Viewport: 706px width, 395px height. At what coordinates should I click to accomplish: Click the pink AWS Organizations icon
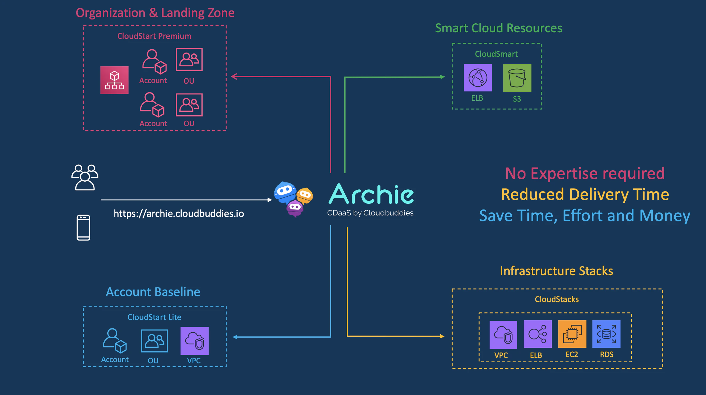click(x=114, y=80)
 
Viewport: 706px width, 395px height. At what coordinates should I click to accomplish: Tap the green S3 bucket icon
click(x=517, y=78)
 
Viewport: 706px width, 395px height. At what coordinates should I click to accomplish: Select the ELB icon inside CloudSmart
click(x=478, y=78)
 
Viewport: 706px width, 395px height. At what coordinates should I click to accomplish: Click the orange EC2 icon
click(x=572, y=334)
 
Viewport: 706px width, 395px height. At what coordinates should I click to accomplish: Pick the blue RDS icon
click(x=606, y=334)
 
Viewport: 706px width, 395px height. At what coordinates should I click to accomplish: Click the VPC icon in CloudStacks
click(x=503, y=335)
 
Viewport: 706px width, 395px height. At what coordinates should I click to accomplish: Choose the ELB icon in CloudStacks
click(x=537, y=334)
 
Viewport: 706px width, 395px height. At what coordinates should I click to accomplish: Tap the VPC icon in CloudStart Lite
click(x=194, y=341)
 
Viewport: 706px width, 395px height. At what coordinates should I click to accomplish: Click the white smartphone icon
click(x=83, y=227)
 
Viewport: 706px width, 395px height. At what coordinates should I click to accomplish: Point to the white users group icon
click(x=85, y=177)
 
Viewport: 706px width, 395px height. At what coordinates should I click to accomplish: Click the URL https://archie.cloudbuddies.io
click(x=179, y=214)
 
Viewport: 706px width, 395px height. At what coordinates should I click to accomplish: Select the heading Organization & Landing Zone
click(x=155, y=13)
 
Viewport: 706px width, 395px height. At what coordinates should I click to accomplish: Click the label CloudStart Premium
click(x=154, y=36)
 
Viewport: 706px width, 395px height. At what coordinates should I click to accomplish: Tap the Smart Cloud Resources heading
click(x=498, y=28)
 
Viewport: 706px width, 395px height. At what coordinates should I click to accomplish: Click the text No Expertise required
click(x=585, y=173)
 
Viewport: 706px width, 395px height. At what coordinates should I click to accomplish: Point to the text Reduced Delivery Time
click(x=585, y=195)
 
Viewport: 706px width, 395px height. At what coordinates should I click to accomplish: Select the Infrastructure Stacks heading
click(x=556, y=271)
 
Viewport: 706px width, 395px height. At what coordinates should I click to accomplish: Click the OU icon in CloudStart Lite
click(x=154, y=341)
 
